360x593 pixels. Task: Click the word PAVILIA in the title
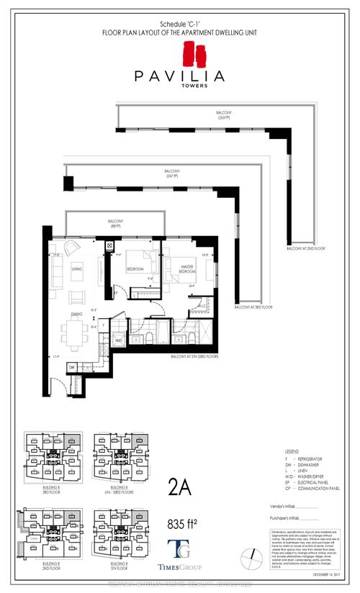click(x=179, y=75)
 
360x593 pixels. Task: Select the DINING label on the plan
click(x=76, y=314)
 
